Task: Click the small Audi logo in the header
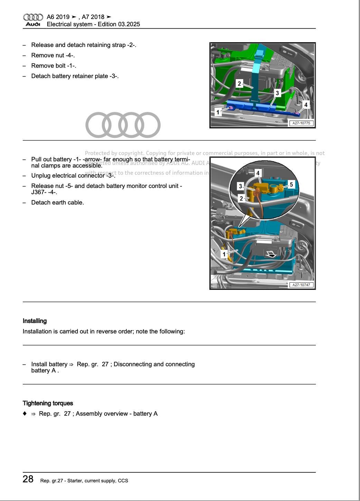point(33,20)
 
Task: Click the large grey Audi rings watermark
point(123,125)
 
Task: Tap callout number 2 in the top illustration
point(239,84)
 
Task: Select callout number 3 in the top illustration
point(277,93)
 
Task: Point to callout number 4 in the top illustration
point(305,105)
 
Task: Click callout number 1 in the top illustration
point(218,112)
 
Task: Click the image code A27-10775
point(301,123)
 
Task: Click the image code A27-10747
point(301,285)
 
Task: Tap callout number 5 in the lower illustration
point(291,185)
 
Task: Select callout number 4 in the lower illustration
point(258,173)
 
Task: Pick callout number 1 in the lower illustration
point(224,255)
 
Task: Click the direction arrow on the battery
point(271,254)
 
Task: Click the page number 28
point(28,479)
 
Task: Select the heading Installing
point(35,321)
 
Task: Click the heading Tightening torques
point(48,403)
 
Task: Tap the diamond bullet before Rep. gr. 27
point(25,414)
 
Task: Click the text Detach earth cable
point(57,202)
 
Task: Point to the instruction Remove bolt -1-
point(54,66)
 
